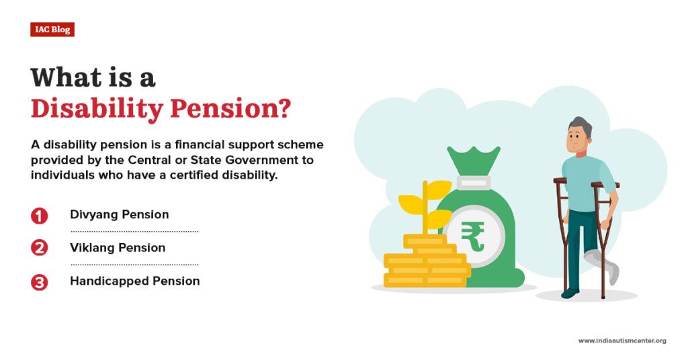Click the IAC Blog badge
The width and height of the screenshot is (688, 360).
(x=52, y=30)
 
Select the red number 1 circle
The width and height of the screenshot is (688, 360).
(x=40, y=216)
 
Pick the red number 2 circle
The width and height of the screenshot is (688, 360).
(x=40, y=248)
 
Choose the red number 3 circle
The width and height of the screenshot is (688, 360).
(x=40, y=282)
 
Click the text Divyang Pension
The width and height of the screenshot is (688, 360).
(x=119, y=215)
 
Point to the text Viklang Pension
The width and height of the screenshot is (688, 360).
(x=118, y=248)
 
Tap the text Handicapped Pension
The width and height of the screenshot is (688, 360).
(x=134, y=281)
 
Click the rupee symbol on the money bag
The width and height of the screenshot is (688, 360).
(x=473, y=235)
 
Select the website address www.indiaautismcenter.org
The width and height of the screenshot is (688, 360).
(x=622, y=341)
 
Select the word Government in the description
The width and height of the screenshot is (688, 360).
(x=275, y=161)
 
